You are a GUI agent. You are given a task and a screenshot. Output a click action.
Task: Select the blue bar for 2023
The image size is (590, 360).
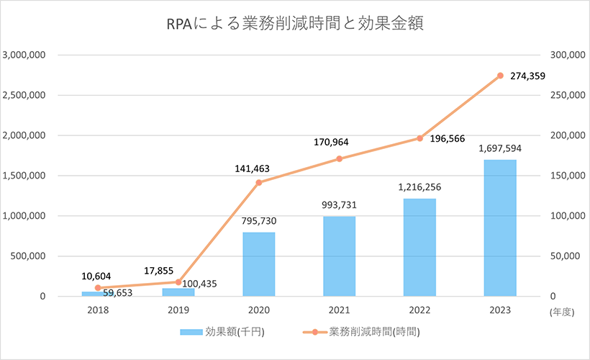tap(499, 228)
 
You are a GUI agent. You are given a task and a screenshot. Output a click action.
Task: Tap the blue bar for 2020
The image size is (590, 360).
tap(258, 264)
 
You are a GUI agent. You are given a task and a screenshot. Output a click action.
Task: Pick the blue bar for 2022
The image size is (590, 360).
tap(419, 247)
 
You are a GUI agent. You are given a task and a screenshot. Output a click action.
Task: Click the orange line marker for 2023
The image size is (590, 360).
tap(500, 76)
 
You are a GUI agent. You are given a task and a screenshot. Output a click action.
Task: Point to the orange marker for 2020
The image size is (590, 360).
tap(258, 182)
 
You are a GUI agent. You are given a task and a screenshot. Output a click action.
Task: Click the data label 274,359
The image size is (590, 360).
tap(530, 76)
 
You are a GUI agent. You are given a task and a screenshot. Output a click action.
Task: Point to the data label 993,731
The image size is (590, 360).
tap(339, 204)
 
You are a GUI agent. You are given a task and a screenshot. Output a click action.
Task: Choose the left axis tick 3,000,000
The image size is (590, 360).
tap(25, 55)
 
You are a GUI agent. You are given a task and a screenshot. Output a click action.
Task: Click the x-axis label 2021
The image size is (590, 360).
tap(339, 310)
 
